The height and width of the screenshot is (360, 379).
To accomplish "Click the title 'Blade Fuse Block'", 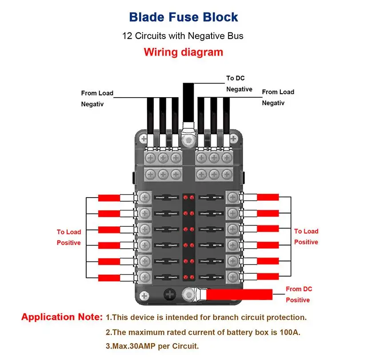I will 184,17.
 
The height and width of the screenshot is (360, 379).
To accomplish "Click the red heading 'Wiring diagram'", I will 183,52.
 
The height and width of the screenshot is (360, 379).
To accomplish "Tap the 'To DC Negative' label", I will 239,83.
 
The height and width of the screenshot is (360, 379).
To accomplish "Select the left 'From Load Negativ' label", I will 97,99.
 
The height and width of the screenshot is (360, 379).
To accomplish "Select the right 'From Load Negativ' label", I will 278,97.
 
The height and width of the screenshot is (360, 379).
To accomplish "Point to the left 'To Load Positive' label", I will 68,237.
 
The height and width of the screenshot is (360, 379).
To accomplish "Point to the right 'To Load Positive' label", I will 306,236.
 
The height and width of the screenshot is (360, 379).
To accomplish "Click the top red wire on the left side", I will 109,198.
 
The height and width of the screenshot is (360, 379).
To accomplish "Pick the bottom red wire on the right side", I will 268,276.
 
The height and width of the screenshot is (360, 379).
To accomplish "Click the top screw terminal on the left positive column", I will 144,198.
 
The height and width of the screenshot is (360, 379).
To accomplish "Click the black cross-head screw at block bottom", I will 169,294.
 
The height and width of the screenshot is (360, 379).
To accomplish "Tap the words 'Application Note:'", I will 62,317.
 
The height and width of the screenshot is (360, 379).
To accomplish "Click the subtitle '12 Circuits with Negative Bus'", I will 183,36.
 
